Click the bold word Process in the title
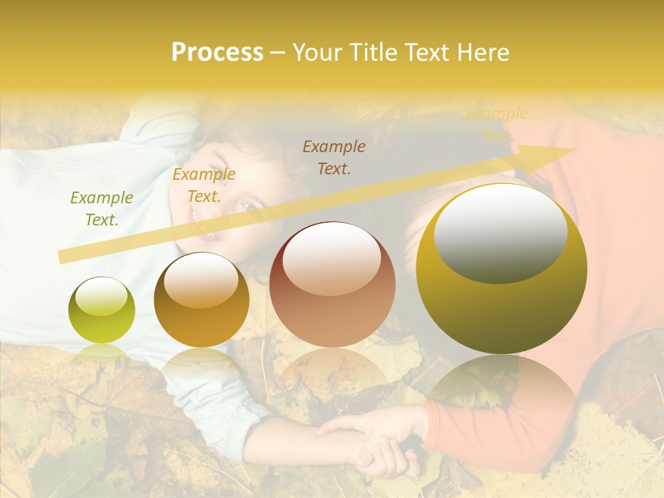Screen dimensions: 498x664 pos(217,53)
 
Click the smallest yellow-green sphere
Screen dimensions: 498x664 pos(102,310)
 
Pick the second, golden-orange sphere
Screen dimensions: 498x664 pos(201,299)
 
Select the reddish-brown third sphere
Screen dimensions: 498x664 pos(332,284)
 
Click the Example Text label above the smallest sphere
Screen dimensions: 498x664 pos(102,209)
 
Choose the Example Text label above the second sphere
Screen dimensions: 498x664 pos(204,185)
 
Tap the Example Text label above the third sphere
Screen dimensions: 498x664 pos(334,157)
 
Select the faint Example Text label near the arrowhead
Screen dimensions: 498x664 pos(497,124)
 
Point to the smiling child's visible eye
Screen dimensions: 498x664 pos(247,205)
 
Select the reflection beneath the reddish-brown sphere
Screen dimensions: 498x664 pos(332,373)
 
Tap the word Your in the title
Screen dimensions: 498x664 pos(317,53)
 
